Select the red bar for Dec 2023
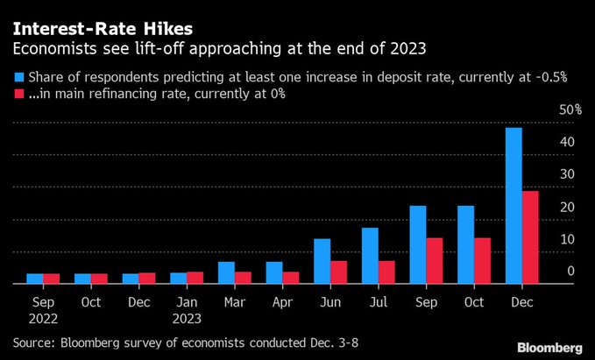[530, 237]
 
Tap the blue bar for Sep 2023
[417, 245]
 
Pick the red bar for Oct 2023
[483, 261]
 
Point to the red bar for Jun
[339, 272]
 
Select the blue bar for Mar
[226, 273]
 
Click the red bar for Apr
[291, 278]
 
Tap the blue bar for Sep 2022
[35, 279]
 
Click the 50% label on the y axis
[570, 109]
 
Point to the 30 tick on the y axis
[569, 174]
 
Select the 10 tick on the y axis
[569, 239]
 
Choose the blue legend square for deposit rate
[19, 77]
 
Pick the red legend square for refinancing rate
[19, 93]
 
